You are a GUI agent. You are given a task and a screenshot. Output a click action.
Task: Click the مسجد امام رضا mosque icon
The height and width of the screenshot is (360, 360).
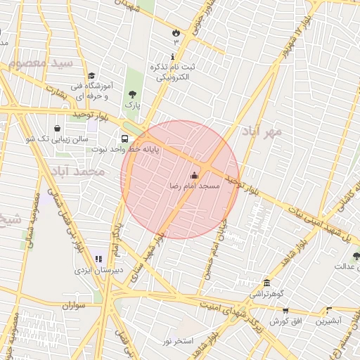click(195, 175)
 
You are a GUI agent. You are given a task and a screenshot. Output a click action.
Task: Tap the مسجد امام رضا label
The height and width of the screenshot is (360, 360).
click(195, 186)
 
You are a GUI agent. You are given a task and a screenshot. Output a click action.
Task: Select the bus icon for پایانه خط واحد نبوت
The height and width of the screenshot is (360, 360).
click(124, 139)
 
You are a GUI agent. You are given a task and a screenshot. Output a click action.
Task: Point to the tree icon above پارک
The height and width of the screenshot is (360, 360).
click(131, 94)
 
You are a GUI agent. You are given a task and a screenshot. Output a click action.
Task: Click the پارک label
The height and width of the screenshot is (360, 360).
click(132, 105)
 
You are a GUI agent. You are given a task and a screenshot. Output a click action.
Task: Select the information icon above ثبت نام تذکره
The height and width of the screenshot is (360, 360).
click(173, 56)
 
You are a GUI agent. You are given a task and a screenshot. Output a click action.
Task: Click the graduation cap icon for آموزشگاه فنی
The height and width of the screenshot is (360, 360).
click(91, 76)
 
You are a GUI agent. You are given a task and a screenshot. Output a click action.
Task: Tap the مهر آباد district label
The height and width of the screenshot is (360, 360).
click(262, 131)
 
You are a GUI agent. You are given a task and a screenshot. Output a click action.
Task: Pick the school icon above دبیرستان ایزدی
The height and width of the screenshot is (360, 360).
click(98, 259)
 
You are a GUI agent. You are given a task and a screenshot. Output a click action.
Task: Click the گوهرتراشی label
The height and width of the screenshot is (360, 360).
click(266, 292)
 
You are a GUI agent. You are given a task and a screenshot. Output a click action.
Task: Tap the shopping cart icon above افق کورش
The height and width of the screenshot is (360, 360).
click(285, 310)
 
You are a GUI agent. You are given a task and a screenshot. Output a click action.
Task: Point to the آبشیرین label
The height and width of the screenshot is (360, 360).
click(328, 321)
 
